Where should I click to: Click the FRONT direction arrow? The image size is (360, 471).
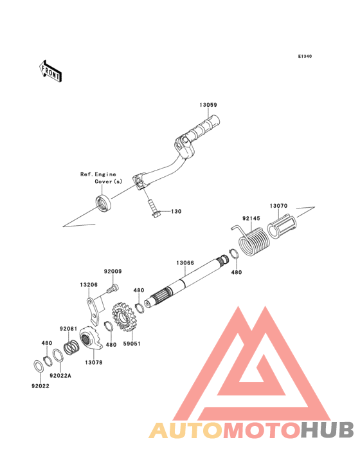point(50,71)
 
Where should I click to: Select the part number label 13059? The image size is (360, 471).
point(208,105)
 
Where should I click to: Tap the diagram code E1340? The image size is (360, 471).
point(305,56)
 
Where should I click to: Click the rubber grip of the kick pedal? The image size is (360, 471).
point(204,127)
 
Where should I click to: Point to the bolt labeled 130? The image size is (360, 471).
point(153,208)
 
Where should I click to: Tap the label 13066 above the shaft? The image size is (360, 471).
point(185,263)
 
